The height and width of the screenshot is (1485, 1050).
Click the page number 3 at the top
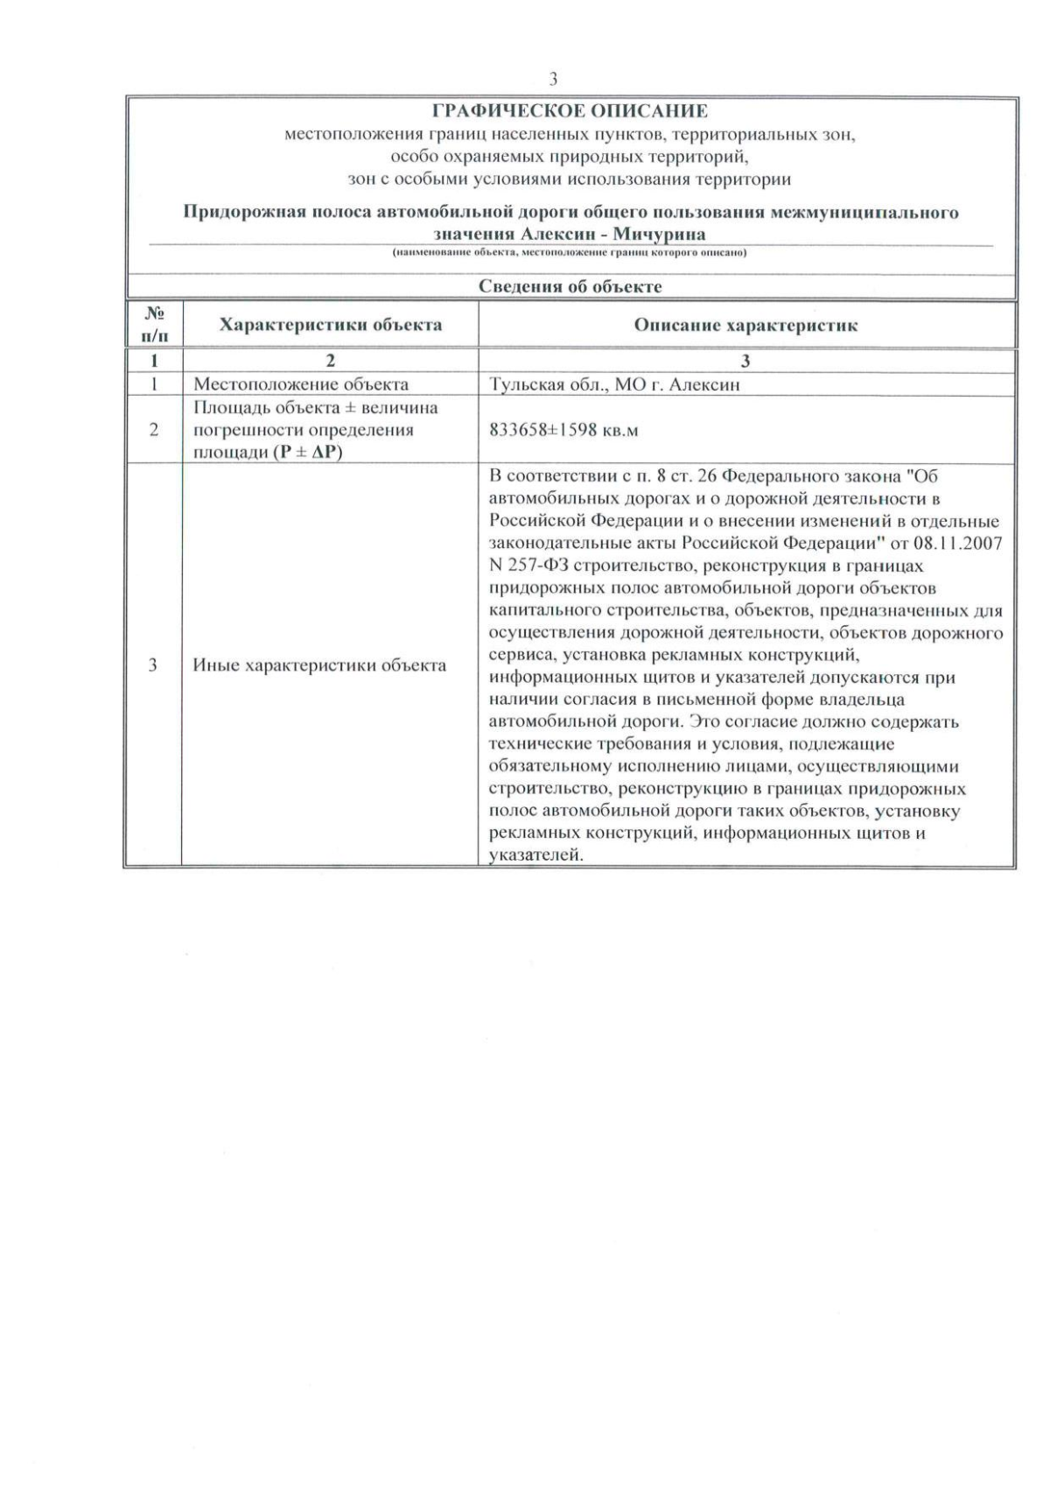pyautogui.click(x=553, y=80)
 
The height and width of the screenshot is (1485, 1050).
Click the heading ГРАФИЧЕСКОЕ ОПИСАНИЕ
pyautogui.click(x=570, y=111)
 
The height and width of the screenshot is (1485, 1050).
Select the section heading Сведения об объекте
pyautogui.click(x=570, y=286)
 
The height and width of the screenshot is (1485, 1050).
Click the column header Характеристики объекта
pyautogui.click(x=330, y=325)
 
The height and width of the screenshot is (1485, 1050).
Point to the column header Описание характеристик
pyautogui.click(x=745, y=325)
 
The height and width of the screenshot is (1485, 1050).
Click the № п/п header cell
pyautogui.click(x=155, y=324)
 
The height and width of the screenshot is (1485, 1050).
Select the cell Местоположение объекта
pyautogui.click(x=300, y=384)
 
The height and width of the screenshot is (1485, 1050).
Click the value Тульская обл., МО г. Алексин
pyautogui.click(x=614, y=384)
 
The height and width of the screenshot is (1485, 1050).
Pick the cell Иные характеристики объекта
pyautogui.click(x=319, y=665)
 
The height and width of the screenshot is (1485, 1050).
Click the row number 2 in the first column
pyautogui.click(x=154, y=430)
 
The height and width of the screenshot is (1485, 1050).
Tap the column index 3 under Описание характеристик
pyautogui.click(x=745, y=361)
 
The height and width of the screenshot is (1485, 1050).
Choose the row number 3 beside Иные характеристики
pyautogui.click(x=153, y=665)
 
